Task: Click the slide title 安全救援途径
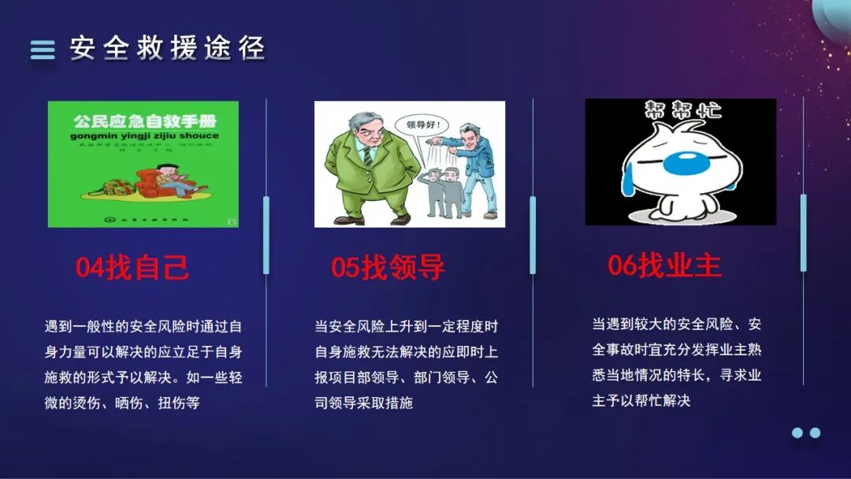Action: pyautogui.click(x=167, y=49)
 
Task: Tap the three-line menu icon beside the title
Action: pyautogui.click(x=43, y=50)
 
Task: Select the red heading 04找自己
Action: pyautogui.click(x=132, y=268)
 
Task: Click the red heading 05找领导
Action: pyautogui.click(x=388, y=268)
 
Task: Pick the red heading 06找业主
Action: pyautogui.click(x=664, y=265)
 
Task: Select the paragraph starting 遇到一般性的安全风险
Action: pyautogui.click(x=143, y=364)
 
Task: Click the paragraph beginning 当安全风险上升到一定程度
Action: pyautogui.click(x=407, y=364)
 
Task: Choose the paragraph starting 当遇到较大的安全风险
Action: pyautogui.click(x=676, y=362)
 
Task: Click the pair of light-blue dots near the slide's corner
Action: pyautogui.click(x=806, y=433)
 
